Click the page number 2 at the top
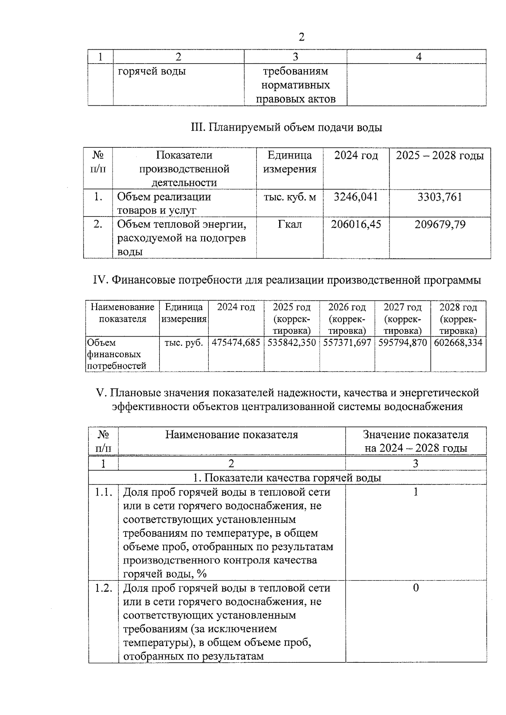point(301,37)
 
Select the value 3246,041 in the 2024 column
point(356,197)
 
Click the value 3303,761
point(440,197)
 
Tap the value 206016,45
point(356,224)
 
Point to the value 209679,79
point(440,224)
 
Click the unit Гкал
point(290,224)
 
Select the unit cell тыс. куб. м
point(290,197)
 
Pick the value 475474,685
point(236,343)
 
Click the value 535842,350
point(292,343)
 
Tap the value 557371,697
point(347,343)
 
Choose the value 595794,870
point(403,343)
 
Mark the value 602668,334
point(458,343)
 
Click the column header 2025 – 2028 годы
point(440,155)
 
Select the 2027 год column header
point(403,307)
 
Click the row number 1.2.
point(103,588)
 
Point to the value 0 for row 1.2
point(416,588)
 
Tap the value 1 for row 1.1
point(416,492)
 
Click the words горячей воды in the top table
point(152,71)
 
